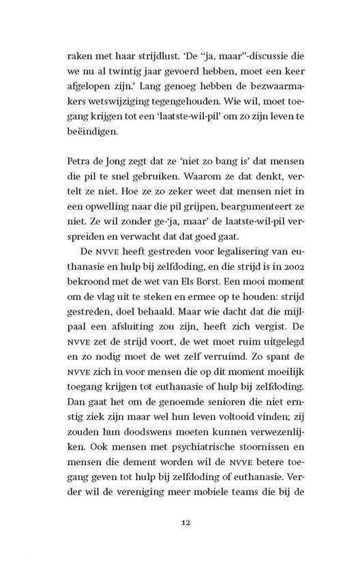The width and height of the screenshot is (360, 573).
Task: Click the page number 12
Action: click(x=181, y=523)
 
